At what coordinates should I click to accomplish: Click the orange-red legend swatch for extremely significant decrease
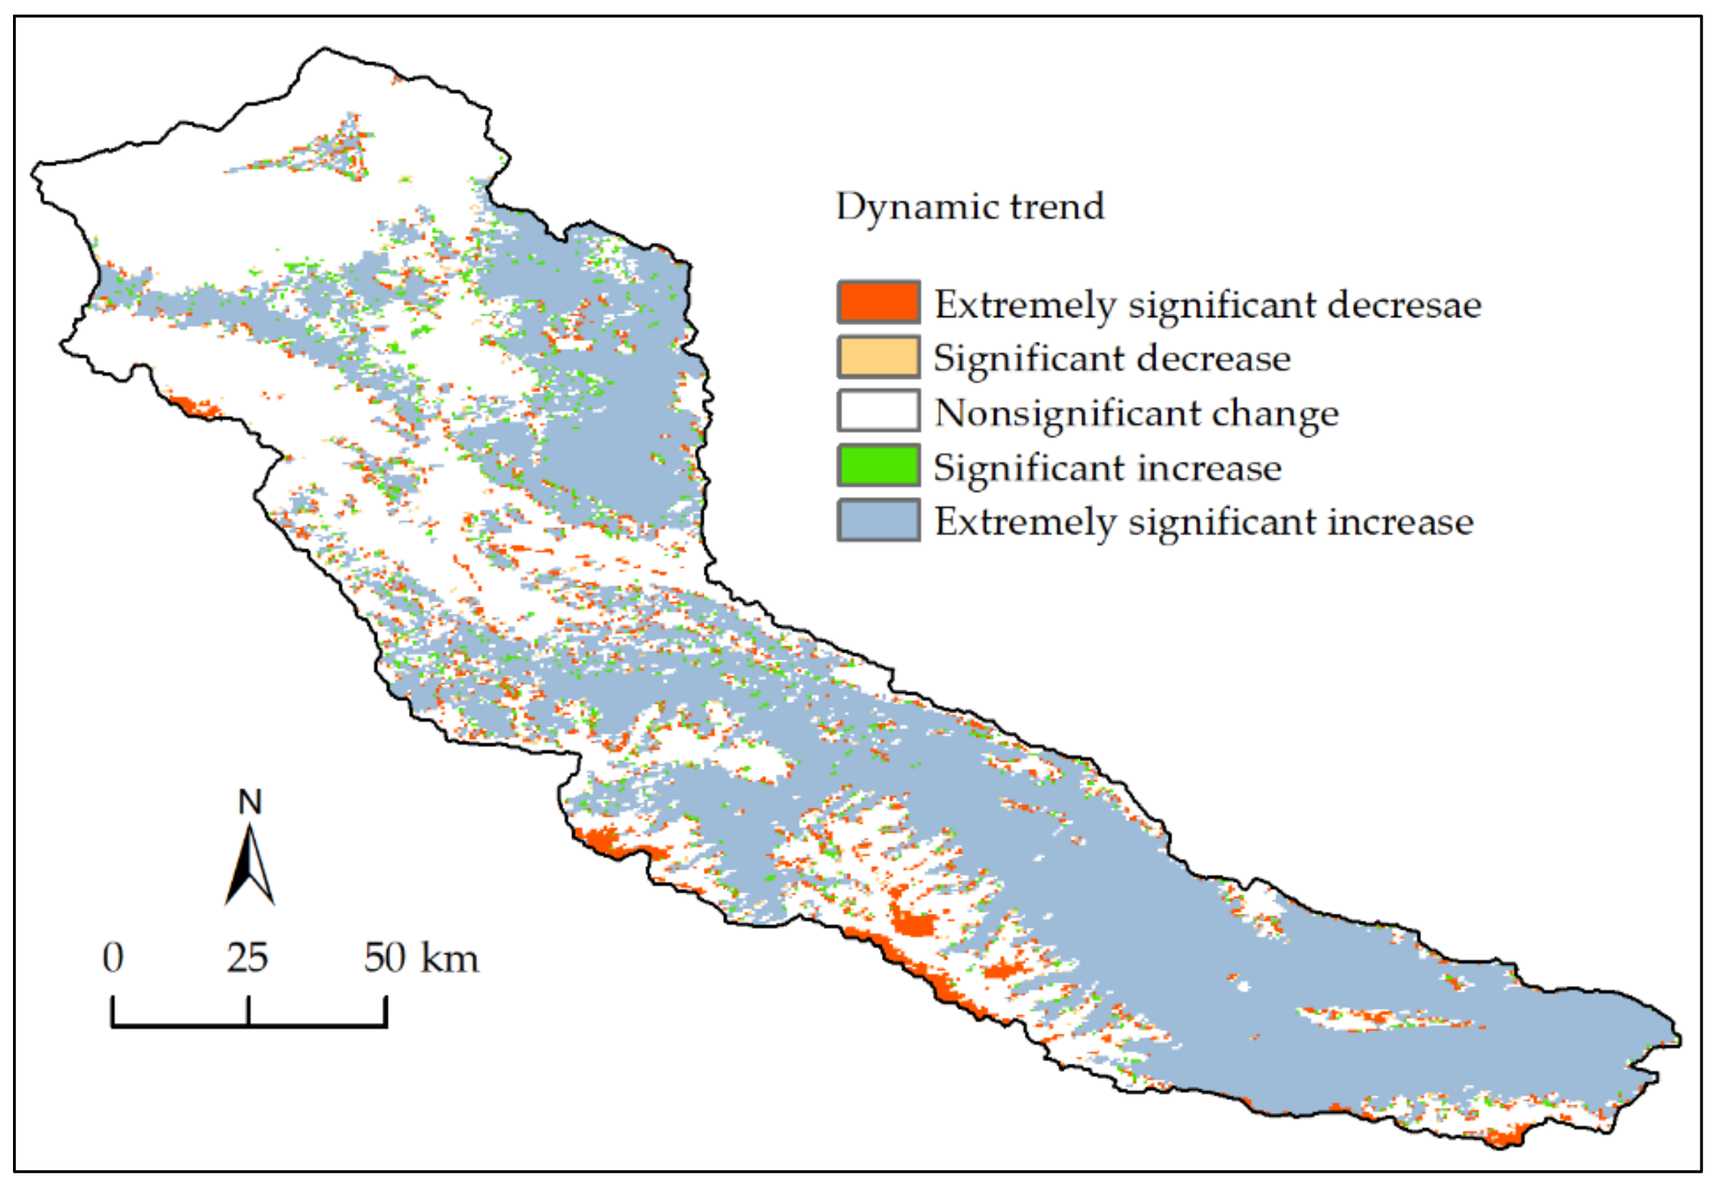[879, 302]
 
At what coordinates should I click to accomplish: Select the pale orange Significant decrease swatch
[879, 357]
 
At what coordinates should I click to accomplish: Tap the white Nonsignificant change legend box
[879, 411]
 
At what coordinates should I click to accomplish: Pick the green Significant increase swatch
[879, 465]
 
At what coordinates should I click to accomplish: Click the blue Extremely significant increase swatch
[879, 520]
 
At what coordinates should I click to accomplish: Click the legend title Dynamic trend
[970, 207]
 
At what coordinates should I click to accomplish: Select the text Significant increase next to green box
[1108, 469]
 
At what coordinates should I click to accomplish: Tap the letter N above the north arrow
[250, 802]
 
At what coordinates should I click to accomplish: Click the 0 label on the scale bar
[113, 957]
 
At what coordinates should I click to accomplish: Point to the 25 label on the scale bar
[248, 957]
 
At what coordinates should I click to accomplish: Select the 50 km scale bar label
[421, 957]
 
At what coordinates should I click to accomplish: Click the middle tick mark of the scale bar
[248, 1012]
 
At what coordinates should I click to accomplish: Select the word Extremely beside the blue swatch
[1026, 522]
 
